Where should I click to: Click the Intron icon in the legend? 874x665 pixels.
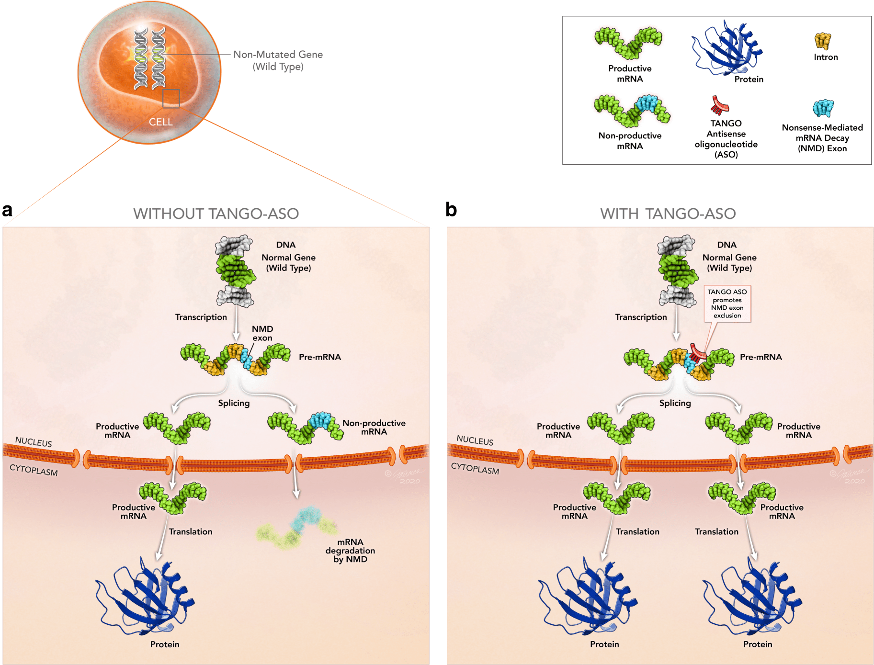[x=822, y=41]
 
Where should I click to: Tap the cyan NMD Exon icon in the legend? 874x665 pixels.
[x=823, y=108]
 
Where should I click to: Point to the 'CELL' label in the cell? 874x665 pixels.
[x=160, y=122]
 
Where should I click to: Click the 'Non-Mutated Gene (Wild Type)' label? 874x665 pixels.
[x=278, y=60]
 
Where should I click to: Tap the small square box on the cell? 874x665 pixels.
[x=171, y=98]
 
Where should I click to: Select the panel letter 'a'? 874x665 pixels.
[x=7, y=210]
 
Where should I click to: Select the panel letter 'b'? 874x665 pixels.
[x=451, y=210]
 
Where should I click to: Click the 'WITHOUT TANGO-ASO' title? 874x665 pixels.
[x=216, y=214]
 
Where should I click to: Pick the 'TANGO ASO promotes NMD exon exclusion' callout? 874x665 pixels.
[x=727, y=304]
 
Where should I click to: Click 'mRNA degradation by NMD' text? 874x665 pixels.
[x=350, y=551]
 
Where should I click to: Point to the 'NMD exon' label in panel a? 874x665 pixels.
[x=262, y=333]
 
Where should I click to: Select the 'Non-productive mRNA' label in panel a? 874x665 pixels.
[x=374, y=427]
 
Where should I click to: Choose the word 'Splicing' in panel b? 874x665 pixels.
[x=675, y=403]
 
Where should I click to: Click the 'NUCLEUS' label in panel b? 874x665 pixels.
[x=475, y=440]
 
